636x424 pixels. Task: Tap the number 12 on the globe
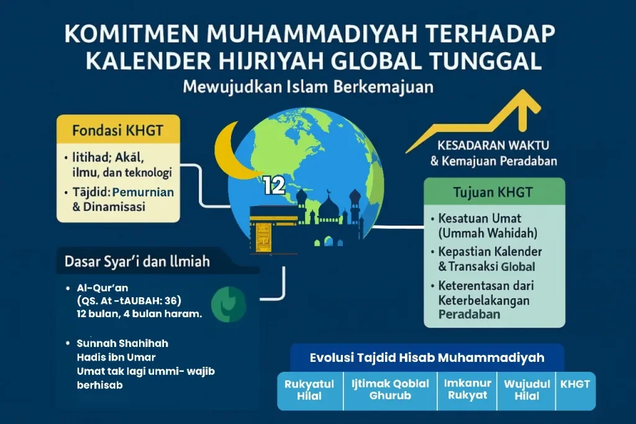click(x=274, y=186)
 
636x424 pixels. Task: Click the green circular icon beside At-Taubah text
click(x=229, y=304)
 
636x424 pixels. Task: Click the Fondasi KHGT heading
click(x=117, y=131)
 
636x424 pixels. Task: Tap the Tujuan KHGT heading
click(x=493, y=192)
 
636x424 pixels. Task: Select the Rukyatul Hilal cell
click(x=309, y=390)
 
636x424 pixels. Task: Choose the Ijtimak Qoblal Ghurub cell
click(x=390, y=390)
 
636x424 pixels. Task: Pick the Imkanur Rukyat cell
click(x=467, y=390)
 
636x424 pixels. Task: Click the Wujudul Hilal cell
click(x=527, y=390)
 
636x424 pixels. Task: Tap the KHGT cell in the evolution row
click(x=575, y=390)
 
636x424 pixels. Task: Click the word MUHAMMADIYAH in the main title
click(x=312, y=34)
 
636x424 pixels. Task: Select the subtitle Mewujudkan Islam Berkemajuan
click(x=308, y=87)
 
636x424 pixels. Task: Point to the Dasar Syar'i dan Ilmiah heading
click(x=137, y=262)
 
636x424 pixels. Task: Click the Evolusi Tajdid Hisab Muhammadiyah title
click(x=427, y=358)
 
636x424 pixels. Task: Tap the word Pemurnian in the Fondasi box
click(x=143, y=192)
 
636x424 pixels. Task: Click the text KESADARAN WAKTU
click(x=493, y=145)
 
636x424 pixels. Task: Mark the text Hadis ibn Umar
click(x=116, y=357)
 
